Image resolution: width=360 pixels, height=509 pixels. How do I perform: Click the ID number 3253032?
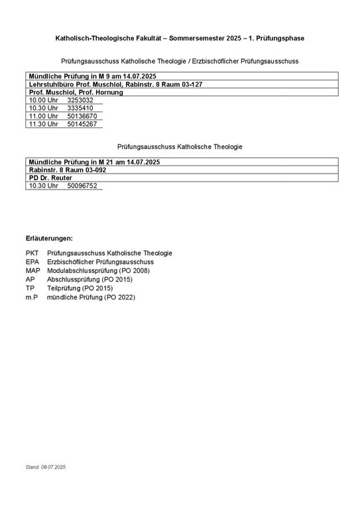click(80, 100)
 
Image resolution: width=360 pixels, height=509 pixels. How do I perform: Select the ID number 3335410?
click(80, 108)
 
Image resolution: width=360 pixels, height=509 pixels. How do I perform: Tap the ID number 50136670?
click(82, 116)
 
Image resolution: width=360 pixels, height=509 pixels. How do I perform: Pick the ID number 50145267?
click(82, 124)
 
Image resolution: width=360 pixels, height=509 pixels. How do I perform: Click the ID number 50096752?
click(82, 186)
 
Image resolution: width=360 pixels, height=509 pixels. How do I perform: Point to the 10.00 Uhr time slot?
click(43, 100)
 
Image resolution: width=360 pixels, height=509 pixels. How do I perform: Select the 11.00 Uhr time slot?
click(43, 116)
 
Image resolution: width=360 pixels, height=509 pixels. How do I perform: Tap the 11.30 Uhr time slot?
click(43, 124)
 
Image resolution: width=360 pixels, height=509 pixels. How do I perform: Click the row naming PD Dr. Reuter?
click(50, 178)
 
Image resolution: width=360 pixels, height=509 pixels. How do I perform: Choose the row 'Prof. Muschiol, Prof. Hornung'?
click(76, 92)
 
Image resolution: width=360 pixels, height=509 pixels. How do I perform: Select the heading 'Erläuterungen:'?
click(49, 238)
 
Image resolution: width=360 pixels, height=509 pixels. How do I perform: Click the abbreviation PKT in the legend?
click(32, 253)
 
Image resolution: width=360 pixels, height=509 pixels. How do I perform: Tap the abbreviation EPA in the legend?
click(32, 262)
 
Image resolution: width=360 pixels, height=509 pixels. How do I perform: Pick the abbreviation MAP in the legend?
click(33, 270)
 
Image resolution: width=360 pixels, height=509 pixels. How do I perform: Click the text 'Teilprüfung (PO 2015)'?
click(80, 288)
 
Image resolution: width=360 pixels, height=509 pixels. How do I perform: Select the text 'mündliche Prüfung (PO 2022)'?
click(91, 298)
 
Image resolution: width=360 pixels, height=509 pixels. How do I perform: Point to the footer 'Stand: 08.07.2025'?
click(46, 467)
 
